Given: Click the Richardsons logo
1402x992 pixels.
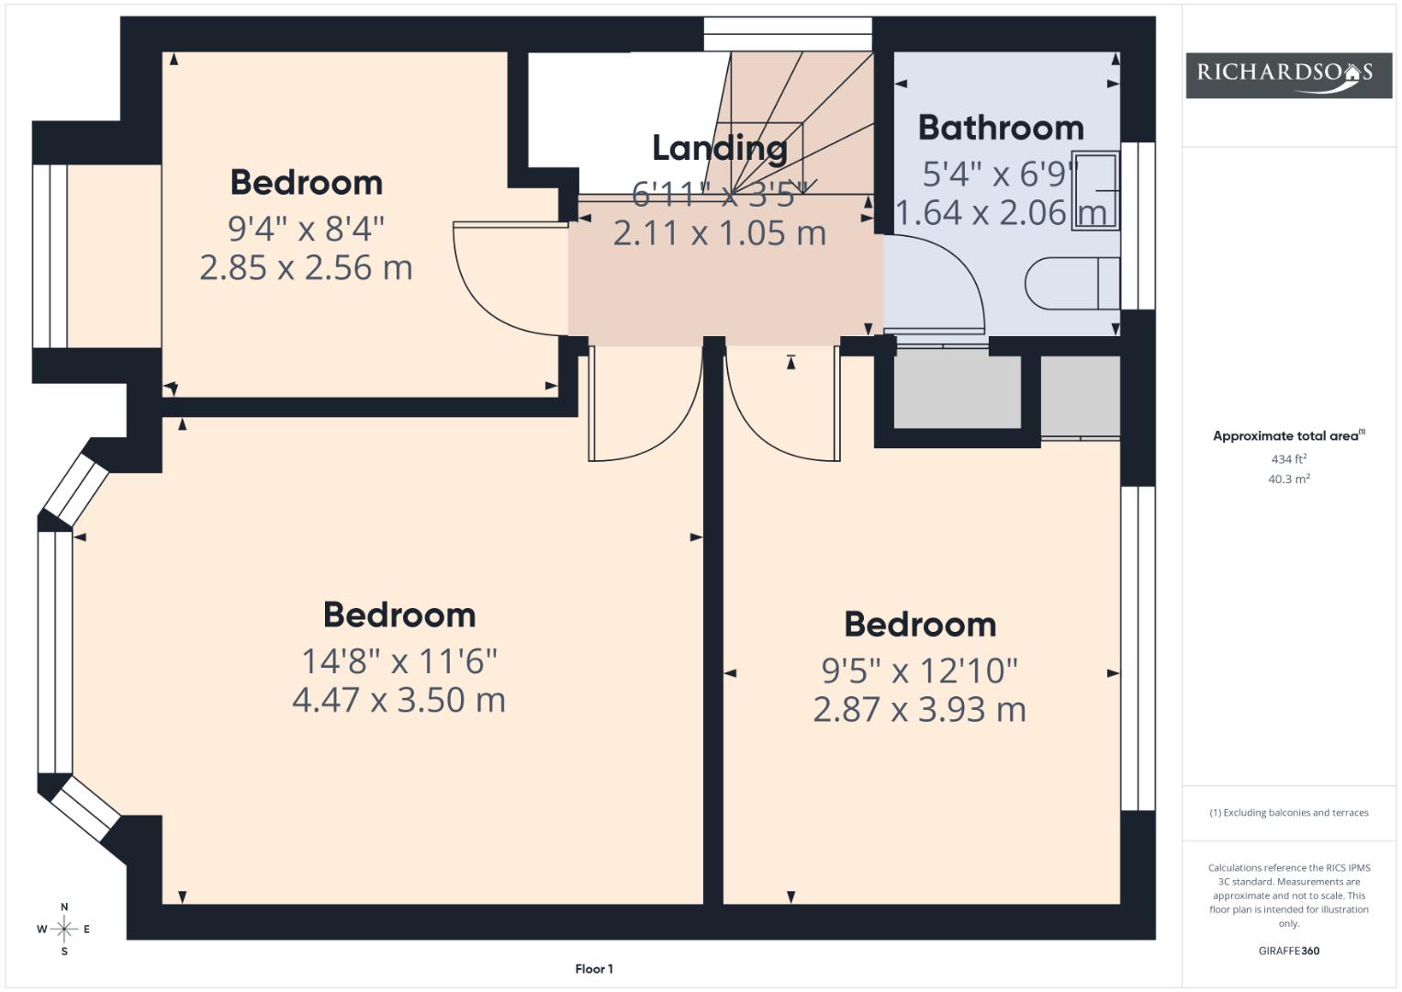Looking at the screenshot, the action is coord(1288,75).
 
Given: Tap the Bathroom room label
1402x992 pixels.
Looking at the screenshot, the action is coord(1001,128).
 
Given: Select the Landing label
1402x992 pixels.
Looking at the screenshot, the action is coord(720,149).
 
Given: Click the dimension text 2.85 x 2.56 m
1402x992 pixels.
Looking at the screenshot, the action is coord(306,267).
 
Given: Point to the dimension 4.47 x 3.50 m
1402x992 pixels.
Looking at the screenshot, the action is coord(398,700).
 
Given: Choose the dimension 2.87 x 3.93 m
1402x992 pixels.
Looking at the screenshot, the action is coord(919,709).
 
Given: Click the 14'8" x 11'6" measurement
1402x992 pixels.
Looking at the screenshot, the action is coord(399,660).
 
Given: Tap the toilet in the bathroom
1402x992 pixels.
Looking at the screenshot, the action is coord(1072,283).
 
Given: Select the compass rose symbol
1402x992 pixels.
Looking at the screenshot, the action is coord(64,929).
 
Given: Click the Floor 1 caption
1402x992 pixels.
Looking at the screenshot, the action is coord(594,969).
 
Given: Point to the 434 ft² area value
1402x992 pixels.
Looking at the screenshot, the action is coord(1289,459).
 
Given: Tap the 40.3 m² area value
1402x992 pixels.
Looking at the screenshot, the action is coord(1289,479).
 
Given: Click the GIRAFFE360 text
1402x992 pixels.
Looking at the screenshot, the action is coord(1289,951).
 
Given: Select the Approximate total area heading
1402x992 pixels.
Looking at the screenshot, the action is coord(1289,436).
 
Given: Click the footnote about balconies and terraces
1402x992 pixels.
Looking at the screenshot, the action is coord(1289,813).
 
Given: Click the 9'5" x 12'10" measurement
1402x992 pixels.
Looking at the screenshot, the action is coord(919,671).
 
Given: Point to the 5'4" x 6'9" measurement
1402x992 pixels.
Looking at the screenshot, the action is coord(1001,175).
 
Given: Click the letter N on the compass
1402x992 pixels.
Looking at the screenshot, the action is coord(64,907).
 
